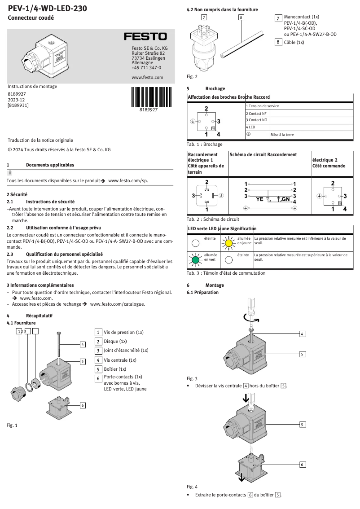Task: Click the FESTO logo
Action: point(145,36)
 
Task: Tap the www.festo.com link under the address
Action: point(147,77)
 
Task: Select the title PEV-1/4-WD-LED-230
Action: point(48,8)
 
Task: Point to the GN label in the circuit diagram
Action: point(285,199)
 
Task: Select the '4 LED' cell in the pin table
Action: point(250,127)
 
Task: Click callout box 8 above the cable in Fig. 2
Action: point(241,18)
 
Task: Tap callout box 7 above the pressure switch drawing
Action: point(204,18)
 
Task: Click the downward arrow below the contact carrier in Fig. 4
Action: point(242,477)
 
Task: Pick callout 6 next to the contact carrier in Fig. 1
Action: point(83,405)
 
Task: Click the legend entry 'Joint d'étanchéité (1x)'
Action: point(126,350)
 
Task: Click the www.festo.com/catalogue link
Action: point(117,304)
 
